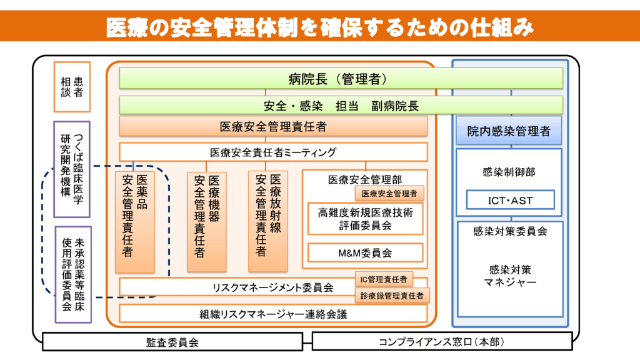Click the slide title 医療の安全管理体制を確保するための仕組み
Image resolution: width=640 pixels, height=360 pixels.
pyautogui.click(x=319, y=26)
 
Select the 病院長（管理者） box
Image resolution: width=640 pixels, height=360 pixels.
pyautogui.click(x=341, y=78)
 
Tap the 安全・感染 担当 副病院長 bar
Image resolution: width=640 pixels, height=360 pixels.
pyautogui.click(x=341, y=105)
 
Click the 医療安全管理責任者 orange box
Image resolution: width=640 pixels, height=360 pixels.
pyautogui.click(x=273, y=126)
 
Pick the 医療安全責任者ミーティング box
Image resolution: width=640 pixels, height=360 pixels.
pyautogui.click(x=273, y=152)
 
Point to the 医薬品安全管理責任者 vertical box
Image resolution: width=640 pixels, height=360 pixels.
pyautogui.click(x=134, y=222)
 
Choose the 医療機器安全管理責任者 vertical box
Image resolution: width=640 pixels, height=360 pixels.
pyautogui.click(x=207, y=222)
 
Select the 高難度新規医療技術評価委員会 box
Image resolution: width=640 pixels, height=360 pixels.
pyautogui.click(x=366, y=218)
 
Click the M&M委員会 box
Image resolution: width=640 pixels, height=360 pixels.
pyautogui.click(x=366, y=253)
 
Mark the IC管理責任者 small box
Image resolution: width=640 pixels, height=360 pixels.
pyautogui.click(x=384, y=279)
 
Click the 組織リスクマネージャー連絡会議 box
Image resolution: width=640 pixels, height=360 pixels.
pyautogui.click(x=273, y=314)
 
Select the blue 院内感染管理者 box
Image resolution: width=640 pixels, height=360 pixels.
pyautogui.click(x=509, y=131)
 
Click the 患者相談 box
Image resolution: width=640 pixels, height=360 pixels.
pyautogui.click(x=72, y=87)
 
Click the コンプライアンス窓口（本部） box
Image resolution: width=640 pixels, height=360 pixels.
pyautogui.click(x=441, y=342)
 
